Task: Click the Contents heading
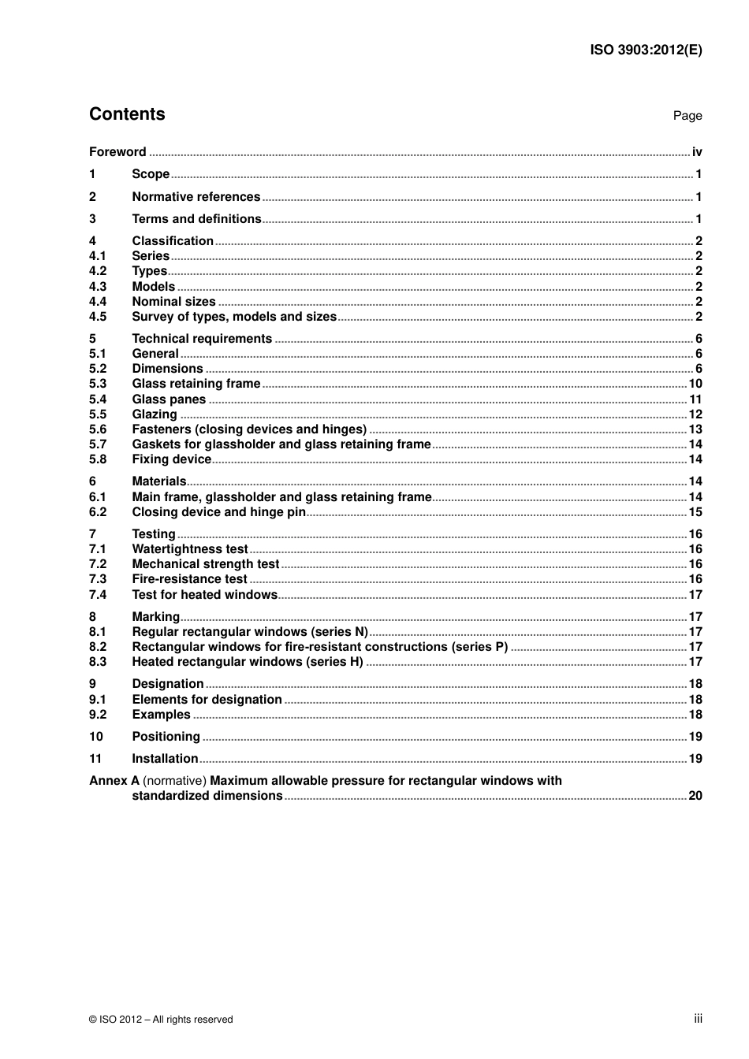[x=127, y=114]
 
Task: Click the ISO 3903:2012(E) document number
[x=646, y=50]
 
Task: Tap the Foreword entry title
[x=117, y=152]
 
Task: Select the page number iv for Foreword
[x=697, y=152]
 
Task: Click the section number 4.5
[x=98, y=317]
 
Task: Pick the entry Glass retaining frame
[x=196, y=384]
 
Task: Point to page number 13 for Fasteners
[x=695, y=429]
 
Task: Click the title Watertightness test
[x=190, y=549]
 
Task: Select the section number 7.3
[x=98, y=579]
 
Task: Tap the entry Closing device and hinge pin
[x=218, y=512]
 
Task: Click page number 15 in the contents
[x=695, y=512]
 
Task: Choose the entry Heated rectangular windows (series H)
[x=248, y=662]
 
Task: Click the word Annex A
[x=114, y=781]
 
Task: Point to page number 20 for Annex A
[x=695, y=796]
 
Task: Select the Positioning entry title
[x=166, y=737]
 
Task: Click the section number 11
[x=95, y=759]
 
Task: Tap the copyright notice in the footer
[x=161, y=1020]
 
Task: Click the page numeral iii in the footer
[x=698, y=1019]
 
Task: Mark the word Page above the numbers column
[x=688, y=116]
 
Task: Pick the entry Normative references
[x=196, y=197]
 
